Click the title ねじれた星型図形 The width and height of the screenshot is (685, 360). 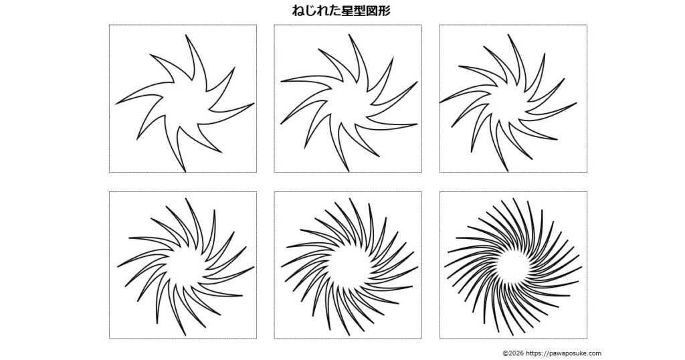341,11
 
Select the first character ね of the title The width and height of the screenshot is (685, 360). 298,11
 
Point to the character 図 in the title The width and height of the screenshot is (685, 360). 372,11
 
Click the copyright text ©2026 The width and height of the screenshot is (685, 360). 513,353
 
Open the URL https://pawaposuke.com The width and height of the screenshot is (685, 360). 563,353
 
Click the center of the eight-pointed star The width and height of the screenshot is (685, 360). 185,104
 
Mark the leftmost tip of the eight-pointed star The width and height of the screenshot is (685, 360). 116,104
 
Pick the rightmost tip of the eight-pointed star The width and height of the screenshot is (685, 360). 254,104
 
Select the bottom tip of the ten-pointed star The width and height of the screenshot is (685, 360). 349,171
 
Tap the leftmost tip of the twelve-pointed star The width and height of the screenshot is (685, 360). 440,102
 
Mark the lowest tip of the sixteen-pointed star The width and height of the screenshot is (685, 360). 186,335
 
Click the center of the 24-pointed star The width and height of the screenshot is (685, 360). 349,268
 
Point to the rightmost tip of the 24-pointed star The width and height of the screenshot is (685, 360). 417,268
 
